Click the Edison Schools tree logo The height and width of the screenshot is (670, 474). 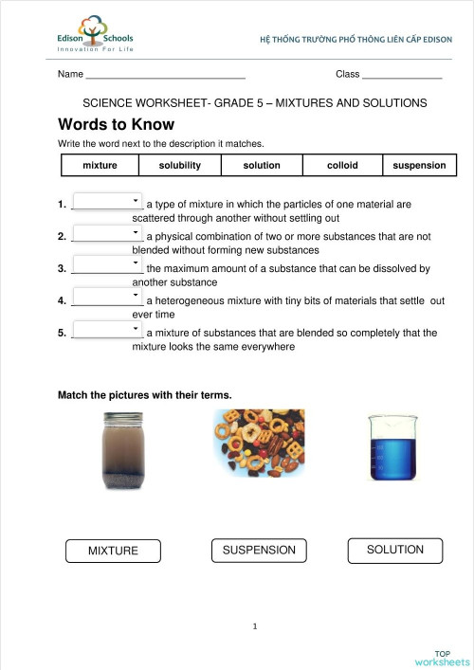94,32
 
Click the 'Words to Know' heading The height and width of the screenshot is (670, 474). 117,124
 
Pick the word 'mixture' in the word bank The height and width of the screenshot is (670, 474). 100,165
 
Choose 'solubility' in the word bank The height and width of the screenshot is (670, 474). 180,165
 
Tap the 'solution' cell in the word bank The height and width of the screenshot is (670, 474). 262,165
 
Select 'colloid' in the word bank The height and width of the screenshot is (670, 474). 342,165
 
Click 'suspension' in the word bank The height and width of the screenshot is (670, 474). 418,165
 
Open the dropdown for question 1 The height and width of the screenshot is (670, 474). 107,202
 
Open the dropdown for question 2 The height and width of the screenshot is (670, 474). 107,234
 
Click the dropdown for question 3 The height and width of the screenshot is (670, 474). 107,266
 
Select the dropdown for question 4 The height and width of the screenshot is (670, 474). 107,299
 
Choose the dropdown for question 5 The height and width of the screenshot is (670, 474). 107,331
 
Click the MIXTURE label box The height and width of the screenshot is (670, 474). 113,551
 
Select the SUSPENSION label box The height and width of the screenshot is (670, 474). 259,550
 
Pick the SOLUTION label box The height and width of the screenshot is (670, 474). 395,550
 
